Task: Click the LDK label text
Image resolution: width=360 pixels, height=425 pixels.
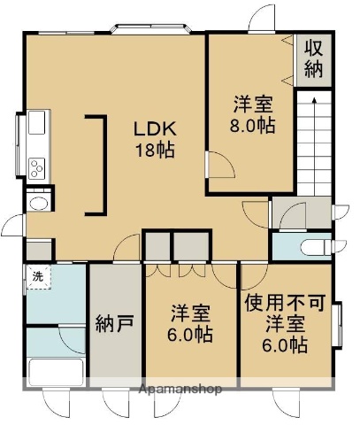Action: [x=153, y=129]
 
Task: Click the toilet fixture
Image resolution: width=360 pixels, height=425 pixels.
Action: [x=310, y=246]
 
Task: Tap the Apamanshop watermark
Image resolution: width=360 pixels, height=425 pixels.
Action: [x=180, y=389]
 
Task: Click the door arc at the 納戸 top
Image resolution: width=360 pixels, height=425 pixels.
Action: [x=129, y=249]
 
